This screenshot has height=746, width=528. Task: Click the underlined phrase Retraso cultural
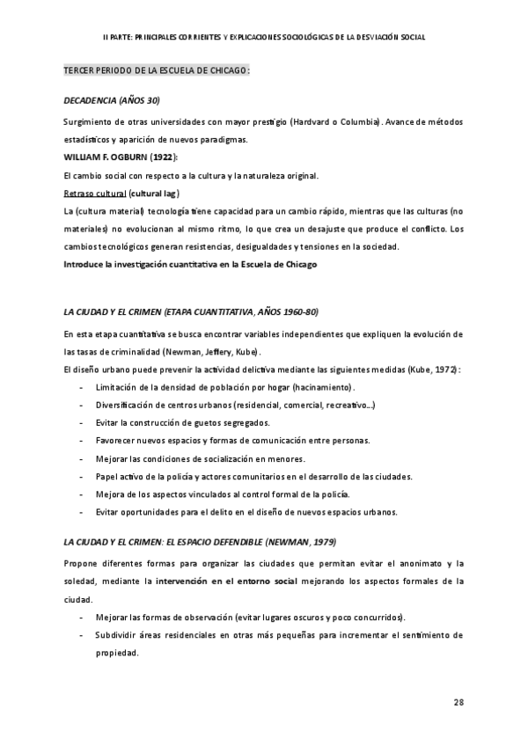pos(95,194)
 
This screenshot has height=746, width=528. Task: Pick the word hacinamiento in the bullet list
pos(325,387)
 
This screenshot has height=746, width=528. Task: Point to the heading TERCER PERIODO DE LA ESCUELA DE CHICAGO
pos(156,69)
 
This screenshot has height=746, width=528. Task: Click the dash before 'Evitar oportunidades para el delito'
pos(82,512)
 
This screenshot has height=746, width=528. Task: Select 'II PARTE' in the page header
pos(116,38)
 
